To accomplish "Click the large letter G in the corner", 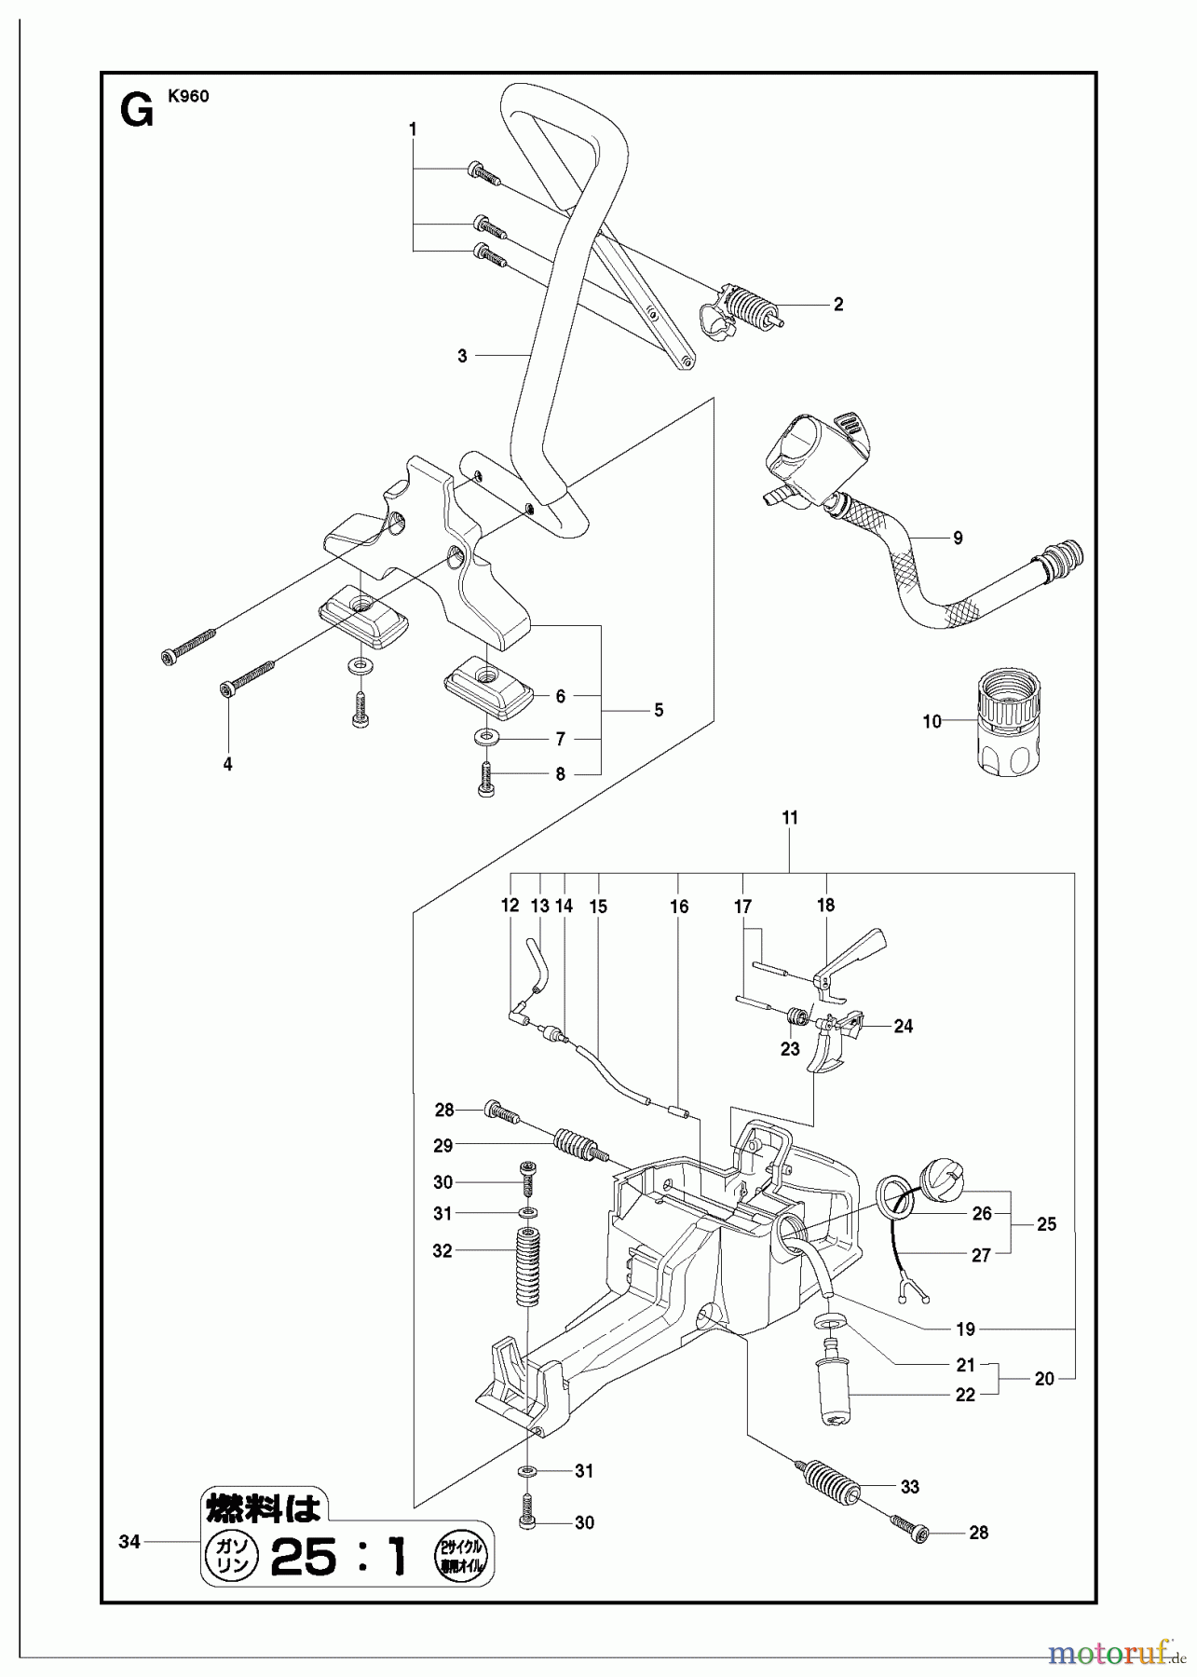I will (x=137, y=114).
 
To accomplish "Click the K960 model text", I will (x=189, y=95).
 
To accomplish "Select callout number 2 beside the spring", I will (x=838, y=305).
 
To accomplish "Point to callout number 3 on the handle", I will (x=462, y=356).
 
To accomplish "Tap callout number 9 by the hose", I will (x=958, y=538).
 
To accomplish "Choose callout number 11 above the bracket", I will (x=790, y=818).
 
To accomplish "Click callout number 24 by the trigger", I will (x=903, y=1027).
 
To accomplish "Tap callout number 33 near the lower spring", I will (x=909, y=1488).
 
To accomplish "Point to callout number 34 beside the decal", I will (x=129, y=1542).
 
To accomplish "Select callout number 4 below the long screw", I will (x=227, y=764).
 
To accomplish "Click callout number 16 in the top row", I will (x=679, y=907).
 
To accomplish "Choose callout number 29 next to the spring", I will (x=442, y=1146).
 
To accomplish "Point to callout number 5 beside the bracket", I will (x=658, y=710).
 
